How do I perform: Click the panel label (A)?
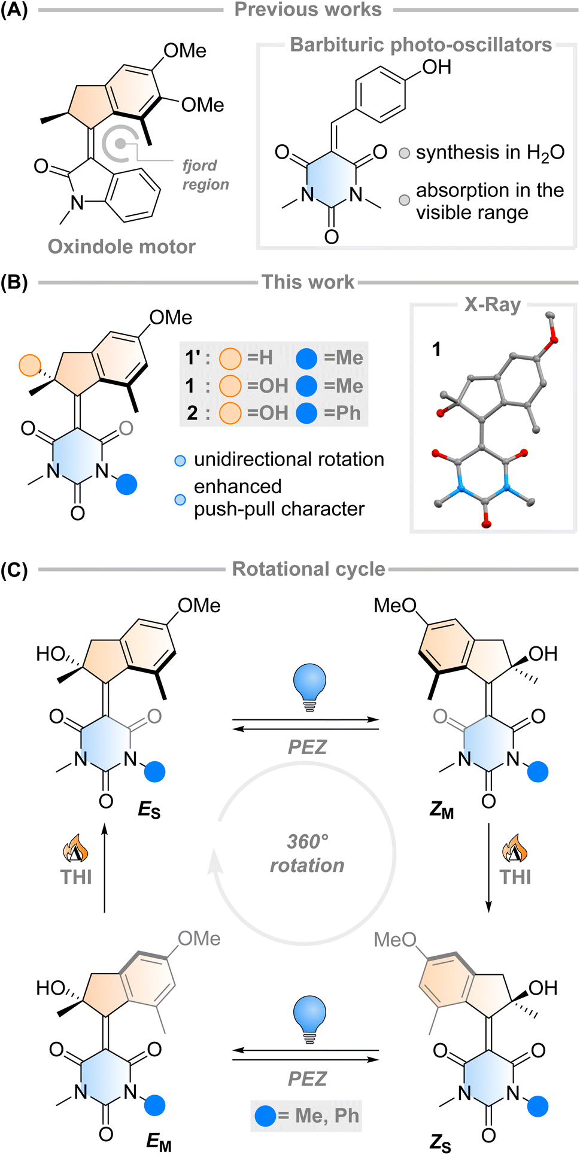pyautogui.click(x=14, y=10)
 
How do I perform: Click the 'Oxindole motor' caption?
pyautogui.click(x=122, y=247)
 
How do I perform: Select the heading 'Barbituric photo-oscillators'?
pyautogui.click(x=421, y=45)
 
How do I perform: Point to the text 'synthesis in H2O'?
pyautogui.click(x=490, y=153)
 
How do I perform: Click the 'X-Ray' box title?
pyautogui.click(x=492, y=305)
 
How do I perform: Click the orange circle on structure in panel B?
pyautogui.click(x=30, y=365)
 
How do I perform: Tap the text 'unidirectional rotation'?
pyautogui.click(x=289, y=460)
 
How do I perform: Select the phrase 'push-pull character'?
pyautogui.click(x=279, y=509)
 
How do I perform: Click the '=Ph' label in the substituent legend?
pyautogui.click(x=342, y=413)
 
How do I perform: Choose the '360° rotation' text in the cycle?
pyautogui.click(x=307, y=853)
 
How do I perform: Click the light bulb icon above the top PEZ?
pyautogui.click(x=309, y=686)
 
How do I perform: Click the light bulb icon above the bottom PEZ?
pyautogui.click(x=309, y=1019)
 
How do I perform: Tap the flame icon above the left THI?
pyautogui.click(x=75, y=849)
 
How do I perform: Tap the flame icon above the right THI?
pyautogui.click(x=515, y=849)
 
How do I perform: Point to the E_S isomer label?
pyautogui.click(x=149, y=810)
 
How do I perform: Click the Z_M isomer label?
pyautogui.click(x=442, y=810)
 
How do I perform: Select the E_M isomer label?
pyautogui.click(x=159, y=1142)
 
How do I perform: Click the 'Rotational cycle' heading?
pyautogui.click(x=308, y=569)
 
